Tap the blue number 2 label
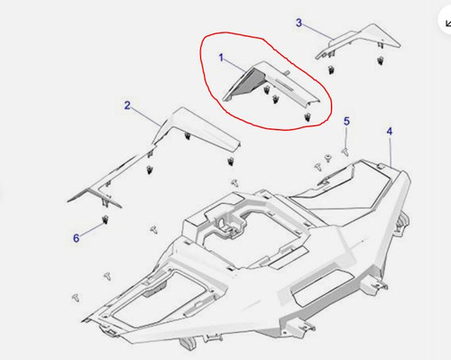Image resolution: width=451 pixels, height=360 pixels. coord(127,106)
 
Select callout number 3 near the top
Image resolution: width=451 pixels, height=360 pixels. coord(299,22)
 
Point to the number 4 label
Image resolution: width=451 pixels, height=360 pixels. coord(390,133)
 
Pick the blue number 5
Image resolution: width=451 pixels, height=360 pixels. coord(346,121)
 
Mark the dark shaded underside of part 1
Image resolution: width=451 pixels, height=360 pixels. coord(241,85)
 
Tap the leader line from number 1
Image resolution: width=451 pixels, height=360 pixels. coord(236,65)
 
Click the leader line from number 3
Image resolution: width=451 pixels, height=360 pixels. coord(316,29)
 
